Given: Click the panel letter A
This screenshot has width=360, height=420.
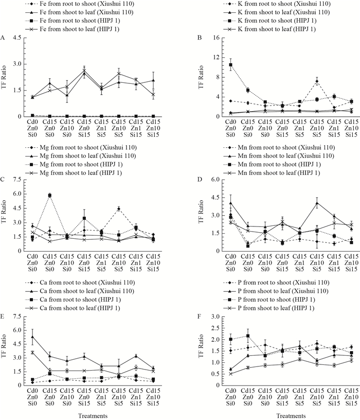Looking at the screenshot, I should click(4, 38).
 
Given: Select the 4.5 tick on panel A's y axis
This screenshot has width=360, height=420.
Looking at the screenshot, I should click(28, 38).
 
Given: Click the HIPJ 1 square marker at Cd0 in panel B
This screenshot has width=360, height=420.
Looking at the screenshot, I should click(231, 65).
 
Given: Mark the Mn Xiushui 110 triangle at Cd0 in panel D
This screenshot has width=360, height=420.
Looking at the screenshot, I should click(231, 203).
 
